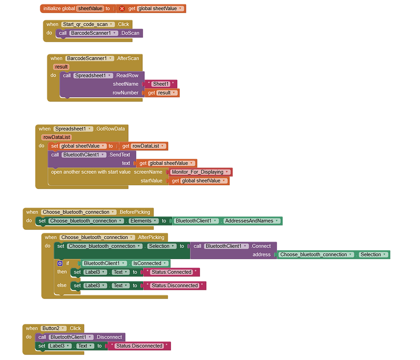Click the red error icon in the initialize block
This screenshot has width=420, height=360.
pyautogui.click(x=122, y=9)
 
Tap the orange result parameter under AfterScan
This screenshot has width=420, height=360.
pyautogui.click(x=61, y=67)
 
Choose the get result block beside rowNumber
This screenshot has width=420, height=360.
pyautogui.click(x=162, y=93)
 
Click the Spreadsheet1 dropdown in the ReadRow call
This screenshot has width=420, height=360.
pyautogui.click(x=93, y=75)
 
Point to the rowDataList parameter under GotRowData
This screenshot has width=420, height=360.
pyautogui.click(x=57, y=137)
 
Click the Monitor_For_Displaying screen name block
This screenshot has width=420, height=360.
pyautogui.click(x=200, y=172)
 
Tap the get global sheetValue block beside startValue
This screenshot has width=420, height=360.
pyautogui.click(x=199, y=181)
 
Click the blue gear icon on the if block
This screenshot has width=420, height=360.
pyautogui.click(x=60, y=263)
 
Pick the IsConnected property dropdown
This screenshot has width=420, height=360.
pyautogui.click(x=149, y=263)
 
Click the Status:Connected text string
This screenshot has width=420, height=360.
pyautogui.click(x=172, y=272)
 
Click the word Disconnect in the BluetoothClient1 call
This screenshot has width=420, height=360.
pyautogui.click(x=109, y=337)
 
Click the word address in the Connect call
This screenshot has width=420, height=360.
pyautogui.click(x=261, y=255)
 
